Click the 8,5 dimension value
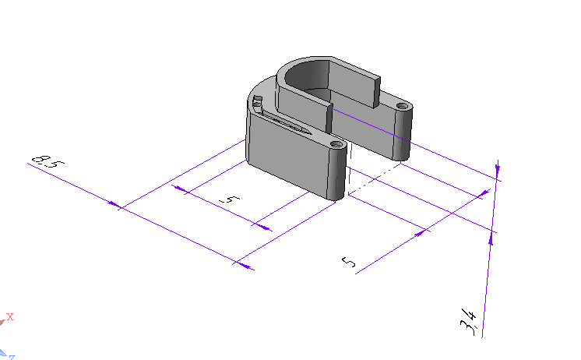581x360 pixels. point(48,161)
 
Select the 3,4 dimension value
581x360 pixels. point(468,322)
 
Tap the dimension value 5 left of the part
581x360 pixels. point(230,199)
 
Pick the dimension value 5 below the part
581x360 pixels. point(348,262)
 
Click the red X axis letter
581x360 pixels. point(9,316)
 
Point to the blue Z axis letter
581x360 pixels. point(12,358)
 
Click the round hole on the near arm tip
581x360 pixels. point(336,144)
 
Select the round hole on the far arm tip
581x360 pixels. point(402,106)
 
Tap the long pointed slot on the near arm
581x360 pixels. point(286,123)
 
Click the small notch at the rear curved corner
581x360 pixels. point(258,100)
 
